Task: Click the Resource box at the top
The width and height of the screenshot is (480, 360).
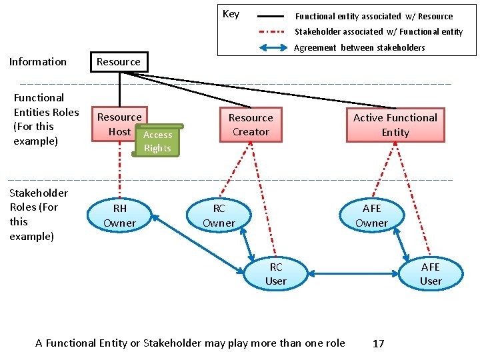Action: coord(119,62)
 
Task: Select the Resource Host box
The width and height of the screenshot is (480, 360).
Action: coord(117,124)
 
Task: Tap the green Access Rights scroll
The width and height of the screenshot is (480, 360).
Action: coord(157,141)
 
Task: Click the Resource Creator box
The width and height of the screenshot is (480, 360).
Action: coord(251,125)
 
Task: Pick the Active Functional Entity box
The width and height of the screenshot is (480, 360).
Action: coord(395,125)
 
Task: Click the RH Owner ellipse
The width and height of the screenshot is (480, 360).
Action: coord(120,215)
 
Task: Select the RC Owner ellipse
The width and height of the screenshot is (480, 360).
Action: coord(219,215)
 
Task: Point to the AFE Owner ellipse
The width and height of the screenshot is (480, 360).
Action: coord(371,215)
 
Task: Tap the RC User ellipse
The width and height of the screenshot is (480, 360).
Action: coord(276,273)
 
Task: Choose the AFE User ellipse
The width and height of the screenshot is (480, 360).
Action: coord(431,273)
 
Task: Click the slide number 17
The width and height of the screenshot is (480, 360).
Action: coord(379,343)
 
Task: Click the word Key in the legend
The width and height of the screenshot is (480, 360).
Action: coord(231,14)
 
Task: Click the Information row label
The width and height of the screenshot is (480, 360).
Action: coord(38,62)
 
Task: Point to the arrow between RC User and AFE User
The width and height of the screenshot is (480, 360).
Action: coord(353,273)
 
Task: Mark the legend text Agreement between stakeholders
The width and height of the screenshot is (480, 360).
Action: coord(359,47)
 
